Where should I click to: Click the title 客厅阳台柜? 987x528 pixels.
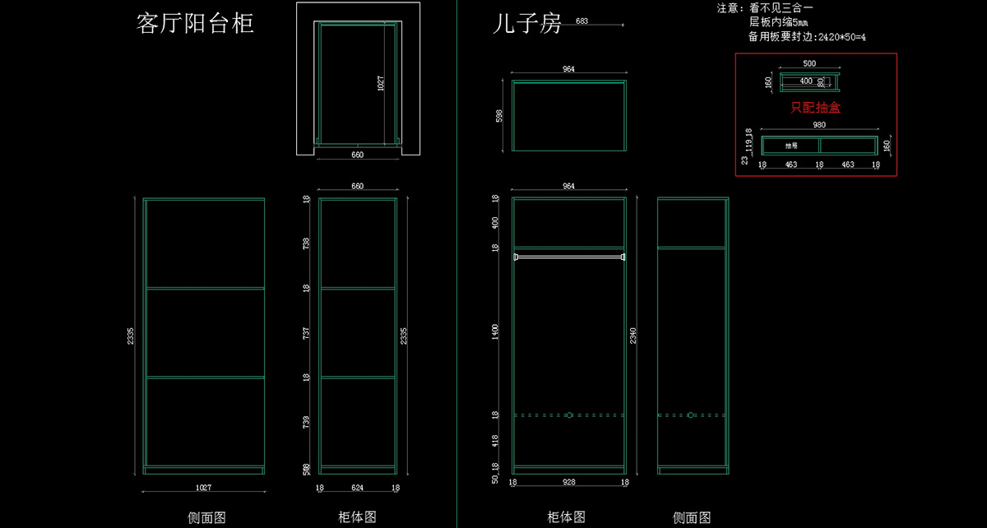195,23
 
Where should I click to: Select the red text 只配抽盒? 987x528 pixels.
815,107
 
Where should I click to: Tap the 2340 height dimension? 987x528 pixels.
632,336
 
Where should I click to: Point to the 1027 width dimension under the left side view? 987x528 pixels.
202,488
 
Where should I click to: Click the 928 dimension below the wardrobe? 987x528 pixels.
568,482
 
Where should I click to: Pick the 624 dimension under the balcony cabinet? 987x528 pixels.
357,488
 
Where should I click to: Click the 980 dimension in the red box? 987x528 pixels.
818,125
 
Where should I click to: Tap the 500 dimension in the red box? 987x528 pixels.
809,63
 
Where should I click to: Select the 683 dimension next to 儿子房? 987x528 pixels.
582,21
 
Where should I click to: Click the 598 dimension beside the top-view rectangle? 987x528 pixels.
499,116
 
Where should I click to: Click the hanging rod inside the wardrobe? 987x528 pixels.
568,257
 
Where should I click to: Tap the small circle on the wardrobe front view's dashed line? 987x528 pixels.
568,415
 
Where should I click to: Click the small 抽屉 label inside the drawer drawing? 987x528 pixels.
791,146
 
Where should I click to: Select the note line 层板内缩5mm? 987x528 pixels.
778,22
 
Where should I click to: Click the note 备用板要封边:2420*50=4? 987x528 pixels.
807,36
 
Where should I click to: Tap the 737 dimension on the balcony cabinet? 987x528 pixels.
306,333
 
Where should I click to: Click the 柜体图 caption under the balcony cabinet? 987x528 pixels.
357,517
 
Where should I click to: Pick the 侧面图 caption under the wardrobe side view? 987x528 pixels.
692,517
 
